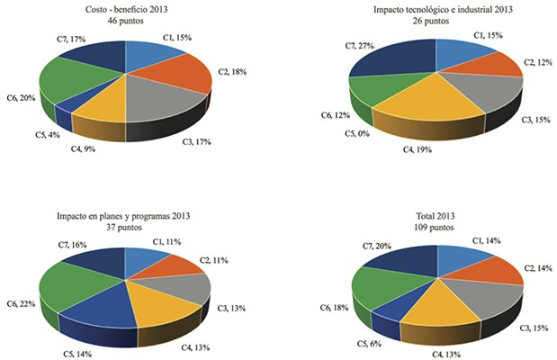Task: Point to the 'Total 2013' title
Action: coord(435,217)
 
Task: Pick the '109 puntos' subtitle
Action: coord(435,229)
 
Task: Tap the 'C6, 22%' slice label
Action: coord(21,304)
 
